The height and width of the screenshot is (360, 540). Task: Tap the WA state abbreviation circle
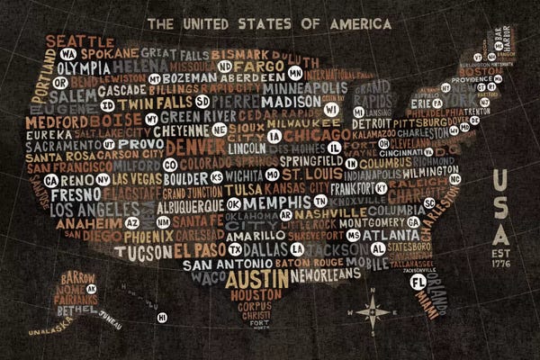tap(66, 54)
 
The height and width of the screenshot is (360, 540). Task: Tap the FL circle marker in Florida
tap(417, 283)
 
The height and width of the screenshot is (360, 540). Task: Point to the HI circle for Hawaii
tap(162, 317)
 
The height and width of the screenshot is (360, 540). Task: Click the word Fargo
tap(266, 67)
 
